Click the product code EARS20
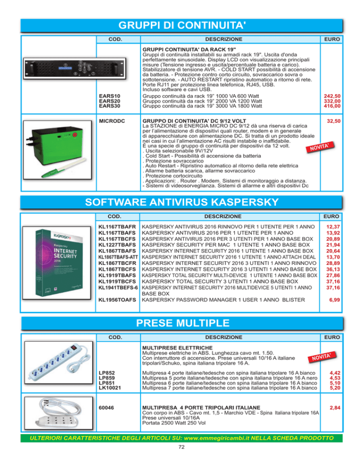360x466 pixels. point(109,101)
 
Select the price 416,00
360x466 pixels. point(332,106)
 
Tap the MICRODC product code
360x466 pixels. point(112,121)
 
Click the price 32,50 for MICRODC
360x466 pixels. point(334,121)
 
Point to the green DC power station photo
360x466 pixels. point(57,150)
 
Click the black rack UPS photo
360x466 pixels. point(75,68)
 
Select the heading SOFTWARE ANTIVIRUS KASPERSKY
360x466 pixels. point(181,202)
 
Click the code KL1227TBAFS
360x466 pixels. point(117,245)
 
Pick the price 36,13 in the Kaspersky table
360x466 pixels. point(333,269)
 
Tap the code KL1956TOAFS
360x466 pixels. point(117,300)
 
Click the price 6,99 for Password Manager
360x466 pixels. point(334,300)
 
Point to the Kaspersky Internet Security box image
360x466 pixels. point(57,263)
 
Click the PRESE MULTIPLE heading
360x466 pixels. point(182,323)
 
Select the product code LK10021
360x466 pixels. point(110,388)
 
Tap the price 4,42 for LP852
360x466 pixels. point(335,373)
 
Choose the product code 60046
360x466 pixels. point(106,408)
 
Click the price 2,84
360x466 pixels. point(335,408)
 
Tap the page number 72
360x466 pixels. point(181,447)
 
